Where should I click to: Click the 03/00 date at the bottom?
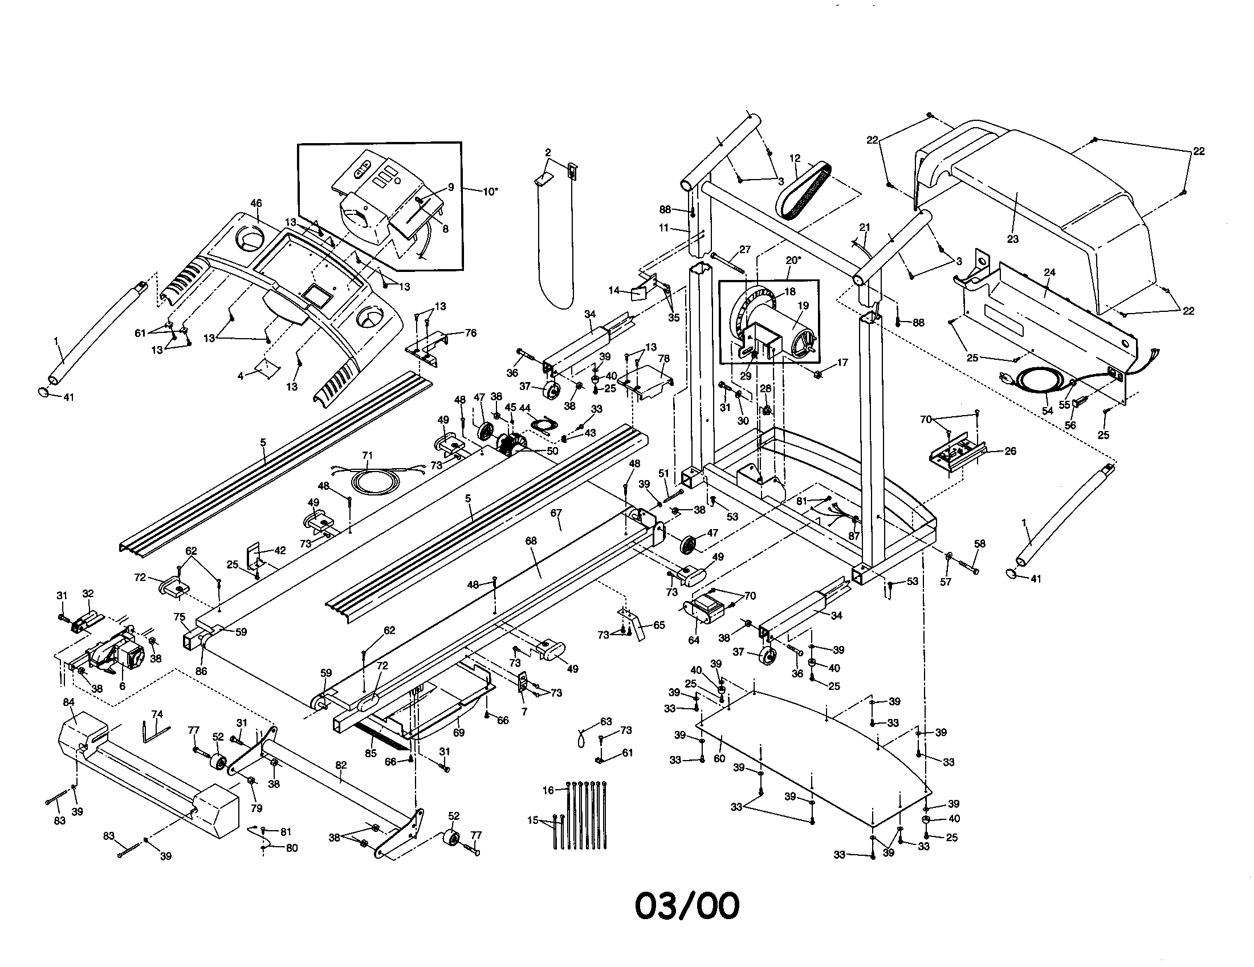[687, 906]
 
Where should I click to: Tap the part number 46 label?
[256, 204]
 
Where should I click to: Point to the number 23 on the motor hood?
[1012, 238]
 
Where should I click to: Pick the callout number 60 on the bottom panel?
[719, 758]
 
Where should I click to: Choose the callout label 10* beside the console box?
[489, 191]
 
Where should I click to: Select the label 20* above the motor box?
[792, 260]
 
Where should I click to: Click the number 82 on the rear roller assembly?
[341, 764]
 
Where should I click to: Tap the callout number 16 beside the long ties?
[548, 790]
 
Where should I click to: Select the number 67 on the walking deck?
[556, 512]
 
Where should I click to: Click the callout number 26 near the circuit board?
[1010, 451]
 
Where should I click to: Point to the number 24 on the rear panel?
[1049, 272]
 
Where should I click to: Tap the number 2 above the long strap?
[548, 152]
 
